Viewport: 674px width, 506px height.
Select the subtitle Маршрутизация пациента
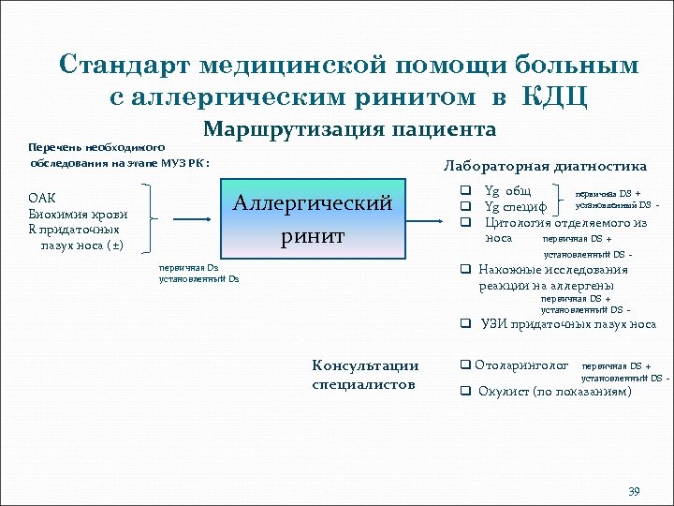click(350, 128)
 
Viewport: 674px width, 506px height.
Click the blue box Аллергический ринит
click(314, 219)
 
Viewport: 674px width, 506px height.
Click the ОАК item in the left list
click(43, 198)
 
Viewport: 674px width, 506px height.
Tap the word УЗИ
click(495, 324)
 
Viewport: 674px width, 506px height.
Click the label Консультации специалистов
click(365, 374)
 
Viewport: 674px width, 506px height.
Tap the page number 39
click(633, 492)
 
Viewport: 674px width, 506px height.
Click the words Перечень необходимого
click(97, 148)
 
